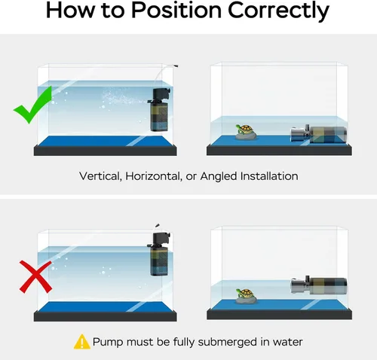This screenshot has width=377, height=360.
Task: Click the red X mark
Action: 35,276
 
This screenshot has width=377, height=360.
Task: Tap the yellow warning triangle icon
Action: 81,342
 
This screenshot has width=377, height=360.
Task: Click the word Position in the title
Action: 176,11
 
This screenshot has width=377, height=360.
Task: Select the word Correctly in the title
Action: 278,11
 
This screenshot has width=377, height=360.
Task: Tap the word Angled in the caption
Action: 219,177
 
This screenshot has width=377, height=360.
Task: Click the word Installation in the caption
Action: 269,176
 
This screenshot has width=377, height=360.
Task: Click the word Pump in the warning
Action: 109,343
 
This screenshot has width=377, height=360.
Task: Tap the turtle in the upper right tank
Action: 246,132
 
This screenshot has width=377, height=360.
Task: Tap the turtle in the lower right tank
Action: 246,297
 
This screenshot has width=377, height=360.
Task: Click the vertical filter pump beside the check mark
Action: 160,110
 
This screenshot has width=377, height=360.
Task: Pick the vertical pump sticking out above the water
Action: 160,254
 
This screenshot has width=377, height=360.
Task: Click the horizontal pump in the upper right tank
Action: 319,134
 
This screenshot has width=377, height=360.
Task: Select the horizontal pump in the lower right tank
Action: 319,285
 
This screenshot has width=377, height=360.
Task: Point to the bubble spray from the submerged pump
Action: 124,98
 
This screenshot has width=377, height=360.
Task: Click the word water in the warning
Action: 287,342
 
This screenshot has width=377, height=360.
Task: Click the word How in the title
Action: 71,11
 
